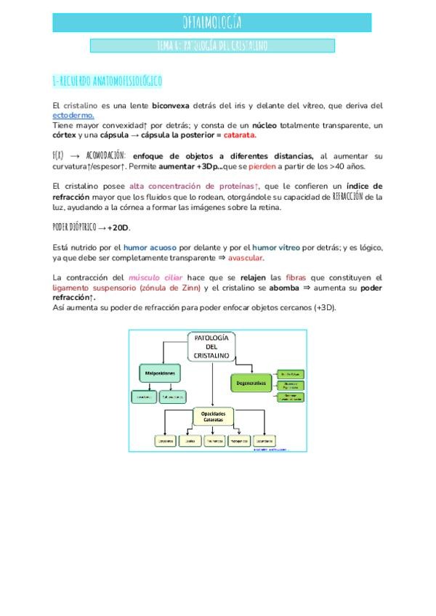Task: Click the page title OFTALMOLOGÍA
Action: [x=217, y=22]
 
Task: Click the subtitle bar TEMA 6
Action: [x=212, y=46]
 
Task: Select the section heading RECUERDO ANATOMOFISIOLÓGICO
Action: [x=108, y=80]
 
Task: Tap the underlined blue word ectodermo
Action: [x=73, y=115]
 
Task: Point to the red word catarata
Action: [x=240, y=135]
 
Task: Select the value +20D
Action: [x=118, y=227]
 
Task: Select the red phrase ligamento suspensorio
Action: [x=91, y=288]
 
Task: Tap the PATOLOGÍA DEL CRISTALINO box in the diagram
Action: [x=212, y=346]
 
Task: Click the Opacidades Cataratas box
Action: [x=212, y=416]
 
